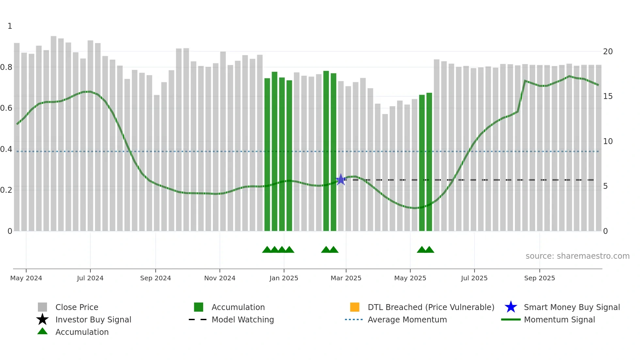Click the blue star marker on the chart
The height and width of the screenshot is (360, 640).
[341, 179]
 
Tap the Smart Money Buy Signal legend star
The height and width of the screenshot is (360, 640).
[511, 307]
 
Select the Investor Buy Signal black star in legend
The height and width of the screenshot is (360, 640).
[42, 319]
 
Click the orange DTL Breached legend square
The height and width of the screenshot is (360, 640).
[355, 307]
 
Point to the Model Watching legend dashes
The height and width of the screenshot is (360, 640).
[198, 319]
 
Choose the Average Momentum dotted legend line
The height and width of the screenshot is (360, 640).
[354, 319]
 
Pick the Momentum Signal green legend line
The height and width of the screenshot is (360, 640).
[511, 319]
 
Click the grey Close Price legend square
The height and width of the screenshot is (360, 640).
[42, 307]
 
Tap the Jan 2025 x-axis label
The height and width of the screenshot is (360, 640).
[284, 278]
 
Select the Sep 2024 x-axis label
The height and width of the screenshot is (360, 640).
[155, 278]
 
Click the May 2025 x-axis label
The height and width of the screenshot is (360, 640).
[410, 278]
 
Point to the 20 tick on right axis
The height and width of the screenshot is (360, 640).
[608, 52]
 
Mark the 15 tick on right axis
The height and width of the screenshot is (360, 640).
[608, 96]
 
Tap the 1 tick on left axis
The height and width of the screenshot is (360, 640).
[10, 26]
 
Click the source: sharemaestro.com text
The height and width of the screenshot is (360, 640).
[577, 256]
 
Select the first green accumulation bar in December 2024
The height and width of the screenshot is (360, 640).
[267, 154]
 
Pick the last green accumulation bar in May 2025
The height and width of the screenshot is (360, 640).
[429, 162]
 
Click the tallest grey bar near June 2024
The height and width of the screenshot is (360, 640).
[54, 133]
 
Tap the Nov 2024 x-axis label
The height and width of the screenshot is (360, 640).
[220, 278]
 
